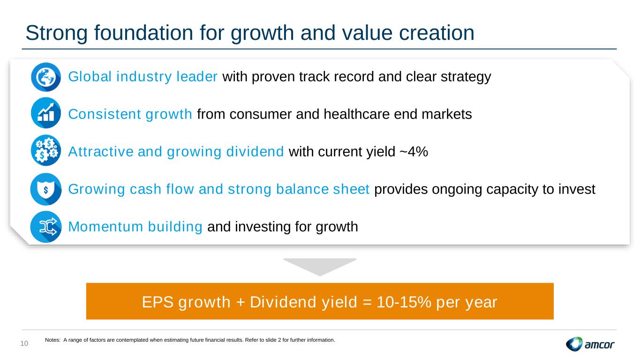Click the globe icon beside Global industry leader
coord(46,77)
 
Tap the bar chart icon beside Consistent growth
coord(46,113)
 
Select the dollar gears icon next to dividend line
coord(46,150)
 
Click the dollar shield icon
coord(46,189)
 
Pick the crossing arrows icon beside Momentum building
coord(46,227)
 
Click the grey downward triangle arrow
coord(320,267)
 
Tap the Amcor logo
coord(590,344)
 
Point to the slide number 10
coord(24,344)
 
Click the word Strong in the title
coord(56,33)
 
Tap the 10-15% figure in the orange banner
coord(404,302)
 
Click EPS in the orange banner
coord(158,302)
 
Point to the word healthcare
coord(356,114)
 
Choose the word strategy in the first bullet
coord(466,77)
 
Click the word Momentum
coord(105,226)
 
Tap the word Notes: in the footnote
coord(53,340)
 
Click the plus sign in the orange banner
coord(240,302)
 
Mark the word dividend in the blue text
coord(255,151)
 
